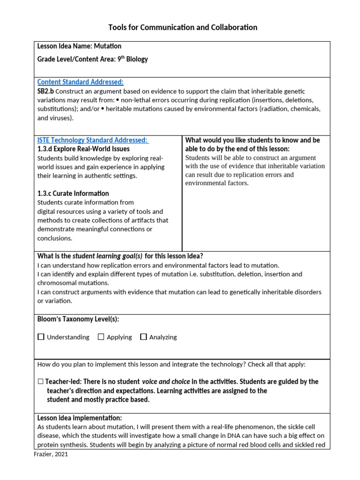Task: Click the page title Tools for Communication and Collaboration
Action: pos(180,27)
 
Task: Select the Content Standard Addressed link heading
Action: pos(80,82)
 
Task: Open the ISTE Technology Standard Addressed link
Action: pos(92,140)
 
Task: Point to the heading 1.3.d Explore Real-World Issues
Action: pos(83,149)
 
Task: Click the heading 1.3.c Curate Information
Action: pos(73,194)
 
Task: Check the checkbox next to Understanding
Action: pos(41,337)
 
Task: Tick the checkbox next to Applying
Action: pos(101,337)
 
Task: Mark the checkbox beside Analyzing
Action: pos(143,337)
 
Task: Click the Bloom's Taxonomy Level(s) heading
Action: pos(78,319)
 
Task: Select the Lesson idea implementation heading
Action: pos(79,418)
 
